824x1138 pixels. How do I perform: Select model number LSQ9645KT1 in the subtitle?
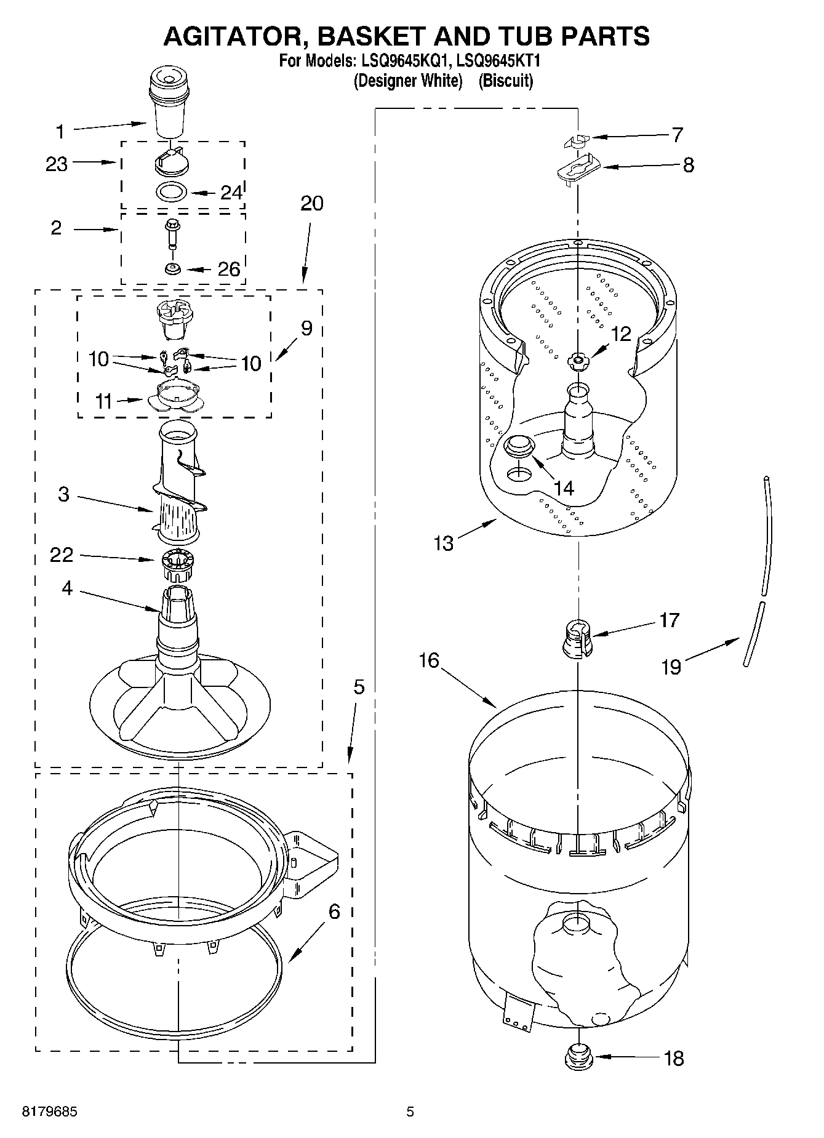[x=499, y=62]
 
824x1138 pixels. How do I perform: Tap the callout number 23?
[x=57, y=164]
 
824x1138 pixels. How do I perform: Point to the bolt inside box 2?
[x=171, y=234]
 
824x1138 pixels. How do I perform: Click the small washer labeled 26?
[x=171, y=269]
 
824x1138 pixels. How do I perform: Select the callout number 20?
[x=312, y=204]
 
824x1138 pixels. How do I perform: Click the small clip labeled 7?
[x=575, y=140]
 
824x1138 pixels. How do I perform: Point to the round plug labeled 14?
[x=519, y=445]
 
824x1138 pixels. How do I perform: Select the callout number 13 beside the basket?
[x=444, y=543]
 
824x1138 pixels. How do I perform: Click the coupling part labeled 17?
[x=578, y=640]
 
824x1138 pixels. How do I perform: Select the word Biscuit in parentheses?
[x=506, y=81]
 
